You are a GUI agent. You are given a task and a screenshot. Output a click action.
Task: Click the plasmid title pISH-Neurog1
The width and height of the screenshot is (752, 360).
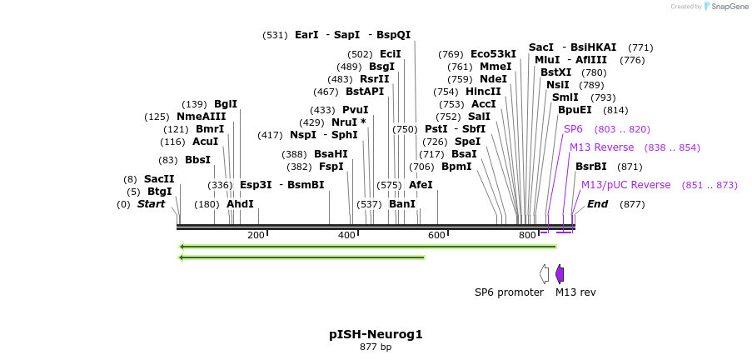[x=376, y=334]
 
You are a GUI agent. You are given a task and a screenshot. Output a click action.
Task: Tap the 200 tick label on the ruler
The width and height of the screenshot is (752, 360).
[x=256, y=236]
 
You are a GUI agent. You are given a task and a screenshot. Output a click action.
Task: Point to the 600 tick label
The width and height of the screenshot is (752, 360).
[x=436, y=236]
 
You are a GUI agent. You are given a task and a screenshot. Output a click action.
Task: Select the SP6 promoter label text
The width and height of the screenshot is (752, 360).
[x=509, y=292]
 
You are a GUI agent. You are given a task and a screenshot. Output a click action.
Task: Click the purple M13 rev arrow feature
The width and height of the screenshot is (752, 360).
[x=560, y=274]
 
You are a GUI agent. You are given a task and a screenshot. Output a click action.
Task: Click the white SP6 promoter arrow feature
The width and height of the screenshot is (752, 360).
[x=544, y=274]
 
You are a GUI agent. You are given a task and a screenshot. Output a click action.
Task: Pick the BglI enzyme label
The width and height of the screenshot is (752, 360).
[x=225, y=104]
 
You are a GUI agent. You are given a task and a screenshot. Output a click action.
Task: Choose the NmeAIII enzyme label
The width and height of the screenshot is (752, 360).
[x=201, y=117]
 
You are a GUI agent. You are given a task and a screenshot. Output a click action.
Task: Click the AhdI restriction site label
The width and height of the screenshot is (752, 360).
[x=240, y=204]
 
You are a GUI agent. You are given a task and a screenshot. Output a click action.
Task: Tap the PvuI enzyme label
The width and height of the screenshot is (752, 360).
[x=355, y=110]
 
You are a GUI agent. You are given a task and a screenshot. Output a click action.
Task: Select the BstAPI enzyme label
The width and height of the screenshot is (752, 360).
[x=365, y=92]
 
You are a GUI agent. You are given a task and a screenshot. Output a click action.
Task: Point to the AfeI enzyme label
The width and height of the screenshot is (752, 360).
[x=421, y=185]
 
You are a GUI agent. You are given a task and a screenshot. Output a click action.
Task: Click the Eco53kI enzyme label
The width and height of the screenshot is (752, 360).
[x=493, y=54]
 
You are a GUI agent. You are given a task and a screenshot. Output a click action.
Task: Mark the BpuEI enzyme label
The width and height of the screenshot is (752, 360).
[x=575, y=110]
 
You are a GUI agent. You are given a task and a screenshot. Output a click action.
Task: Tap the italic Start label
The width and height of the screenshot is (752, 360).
[x=151, y=204]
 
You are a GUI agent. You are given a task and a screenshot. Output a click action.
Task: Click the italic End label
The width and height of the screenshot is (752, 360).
[x=597, y=204]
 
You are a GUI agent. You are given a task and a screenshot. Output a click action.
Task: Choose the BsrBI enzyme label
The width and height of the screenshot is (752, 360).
[x=590, y=167]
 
